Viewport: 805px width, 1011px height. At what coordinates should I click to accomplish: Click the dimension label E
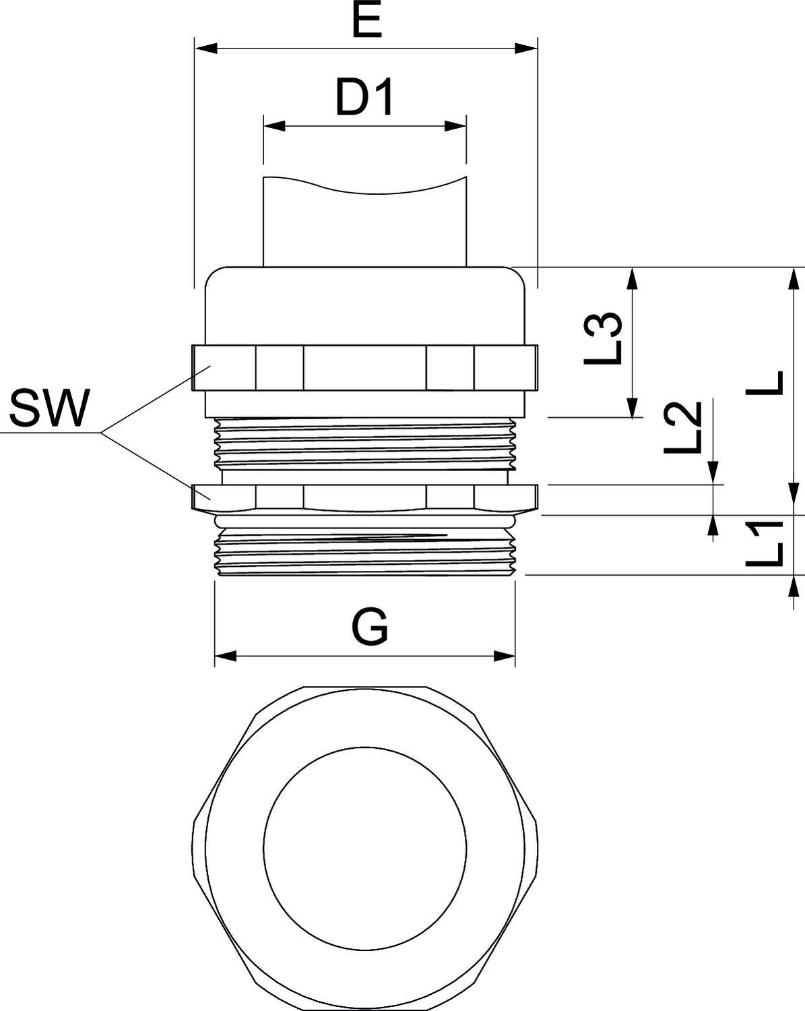[x=366, y=23]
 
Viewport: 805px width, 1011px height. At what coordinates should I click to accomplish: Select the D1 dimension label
[x=364, y=99]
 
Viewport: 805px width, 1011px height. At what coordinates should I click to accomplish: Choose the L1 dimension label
[x=765, y=544]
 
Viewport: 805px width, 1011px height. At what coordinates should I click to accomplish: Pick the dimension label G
[x=370, y=627]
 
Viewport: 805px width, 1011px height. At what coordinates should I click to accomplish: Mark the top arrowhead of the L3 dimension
[x=632, y=276]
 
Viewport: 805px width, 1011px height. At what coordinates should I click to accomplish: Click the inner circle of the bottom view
[x=364, y=845]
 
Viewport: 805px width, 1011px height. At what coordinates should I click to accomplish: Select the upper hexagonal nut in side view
[x=364, y=367]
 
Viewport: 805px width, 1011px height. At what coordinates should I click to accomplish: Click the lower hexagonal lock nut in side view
[x=364, y=497]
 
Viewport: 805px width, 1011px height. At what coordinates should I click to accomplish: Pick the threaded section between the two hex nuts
[x=364, y=443]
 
